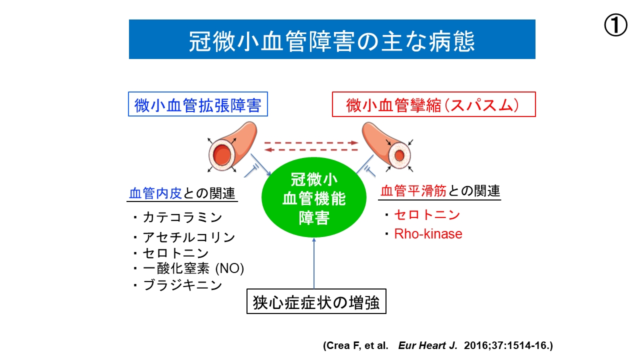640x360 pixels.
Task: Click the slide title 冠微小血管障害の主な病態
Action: point(332,39)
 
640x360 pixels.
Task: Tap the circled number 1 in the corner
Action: point(615,25)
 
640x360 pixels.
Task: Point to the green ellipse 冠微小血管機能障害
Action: point(314,198)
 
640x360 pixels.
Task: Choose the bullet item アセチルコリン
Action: point(188,237)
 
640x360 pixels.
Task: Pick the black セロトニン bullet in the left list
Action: point(175,253)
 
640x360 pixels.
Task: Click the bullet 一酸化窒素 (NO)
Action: point(193,269)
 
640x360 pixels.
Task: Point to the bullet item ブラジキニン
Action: point(182,285)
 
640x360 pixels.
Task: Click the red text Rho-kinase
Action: point(428,233)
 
